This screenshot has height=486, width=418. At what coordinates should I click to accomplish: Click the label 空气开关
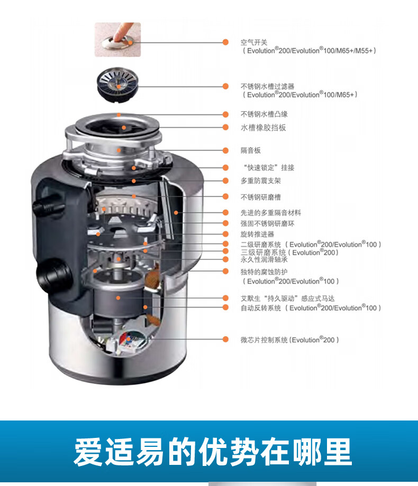click(254, 42)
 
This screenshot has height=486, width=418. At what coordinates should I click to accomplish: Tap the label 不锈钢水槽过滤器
click(267, 86)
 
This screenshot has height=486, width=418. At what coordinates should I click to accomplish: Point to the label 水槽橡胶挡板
click(263, 127)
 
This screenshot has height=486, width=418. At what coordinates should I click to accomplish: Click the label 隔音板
click(251, 151)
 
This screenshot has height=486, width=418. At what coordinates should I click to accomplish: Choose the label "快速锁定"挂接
click(267, 167)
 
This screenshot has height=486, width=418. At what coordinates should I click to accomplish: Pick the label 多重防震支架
click(261, 181)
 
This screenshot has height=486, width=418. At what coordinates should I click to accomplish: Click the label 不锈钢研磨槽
click(261, 197)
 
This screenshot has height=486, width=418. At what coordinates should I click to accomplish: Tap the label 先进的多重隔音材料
click(270, 212)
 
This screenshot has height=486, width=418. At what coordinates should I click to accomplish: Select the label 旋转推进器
click(257, 233)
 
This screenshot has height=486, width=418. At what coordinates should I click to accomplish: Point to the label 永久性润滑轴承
click(264, 259)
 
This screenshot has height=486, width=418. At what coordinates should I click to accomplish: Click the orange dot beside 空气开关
click(225, 42)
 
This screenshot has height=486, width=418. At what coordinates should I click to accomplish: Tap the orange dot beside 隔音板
click(225, 151)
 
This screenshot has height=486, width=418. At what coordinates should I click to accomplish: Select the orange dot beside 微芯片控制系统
click(225, 340)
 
